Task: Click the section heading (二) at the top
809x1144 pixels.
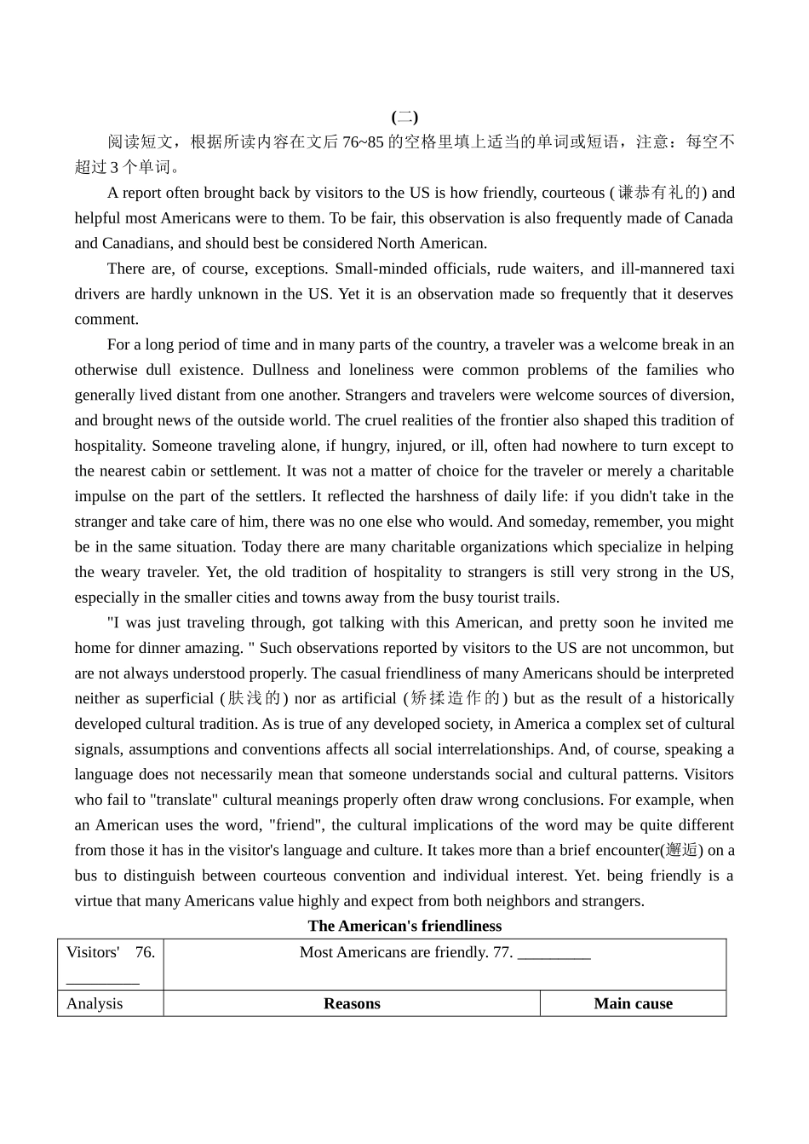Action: click(404, 117)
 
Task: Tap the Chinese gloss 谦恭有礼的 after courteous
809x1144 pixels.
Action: click(658, 193)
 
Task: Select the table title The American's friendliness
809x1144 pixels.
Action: click(404, 926)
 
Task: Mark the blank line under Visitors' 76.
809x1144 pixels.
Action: click(102, 979)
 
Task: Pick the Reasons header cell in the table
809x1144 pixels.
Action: click(352, 1003)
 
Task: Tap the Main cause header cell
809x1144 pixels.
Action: click(633, 1003)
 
